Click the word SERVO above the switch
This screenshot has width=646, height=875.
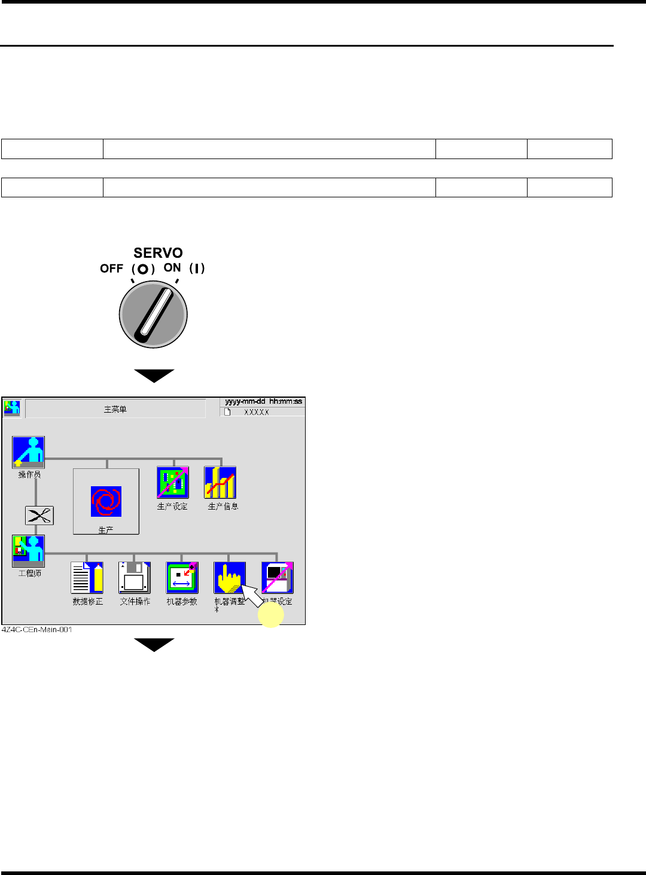158,253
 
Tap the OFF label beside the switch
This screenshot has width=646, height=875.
111,269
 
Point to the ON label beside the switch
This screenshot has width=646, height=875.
172,268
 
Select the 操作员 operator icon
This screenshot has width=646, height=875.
28,452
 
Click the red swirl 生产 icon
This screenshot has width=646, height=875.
106,501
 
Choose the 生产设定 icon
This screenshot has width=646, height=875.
173,483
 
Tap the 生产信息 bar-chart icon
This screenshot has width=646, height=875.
220,483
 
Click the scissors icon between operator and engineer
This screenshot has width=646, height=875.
39,516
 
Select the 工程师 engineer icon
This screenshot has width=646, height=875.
28,551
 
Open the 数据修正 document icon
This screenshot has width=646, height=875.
87,578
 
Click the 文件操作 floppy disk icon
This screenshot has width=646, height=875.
135,578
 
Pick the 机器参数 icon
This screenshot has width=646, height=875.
182,578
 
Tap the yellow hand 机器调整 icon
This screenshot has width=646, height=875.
229,577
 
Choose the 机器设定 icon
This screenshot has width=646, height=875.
278,578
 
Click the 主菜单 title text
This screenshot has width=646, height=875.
115,410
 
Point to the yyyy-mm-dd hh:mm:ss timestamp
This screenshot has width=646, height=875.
263,401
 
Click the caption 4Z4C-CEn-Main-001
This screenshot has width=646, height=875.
37,630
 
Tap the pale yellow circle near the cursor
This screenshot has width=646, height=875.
270,614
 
